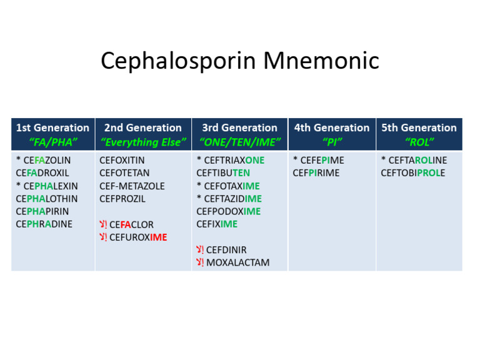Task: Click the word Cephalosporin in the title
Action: tap(178, 61)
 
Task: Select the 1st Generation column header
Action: tap(52, 127)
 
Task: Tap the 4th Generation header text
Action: tap(332, 127)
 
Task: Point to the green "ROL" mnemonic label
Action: tap(419, 142)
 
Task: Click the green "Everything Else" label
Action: tap(143, 142)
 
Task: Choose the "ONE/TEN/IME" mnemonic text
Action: tap(239, 142)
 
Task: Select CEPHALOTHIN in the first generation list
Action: tap(47, 199)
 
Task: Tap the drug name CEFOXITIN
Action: tap(122, 160)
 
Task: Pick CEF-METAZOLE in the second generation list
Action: tap(132, 186)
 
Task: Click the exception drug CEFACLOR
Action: tap(131, 224)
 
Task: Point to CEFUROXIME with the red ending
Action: tap(138, 237)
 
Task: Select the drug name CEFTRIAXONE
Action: tap(235, 160)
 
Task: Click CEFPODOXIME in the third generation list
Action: tap(228, 211)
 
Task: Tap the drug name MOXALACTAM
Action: tap(237, 262)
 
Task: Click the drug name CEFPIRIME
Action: tap(316, 172)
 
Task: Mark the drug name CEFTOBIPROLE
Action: tap(413, 172)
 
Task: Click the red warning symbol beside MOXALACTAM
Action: tap(200, 262)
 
